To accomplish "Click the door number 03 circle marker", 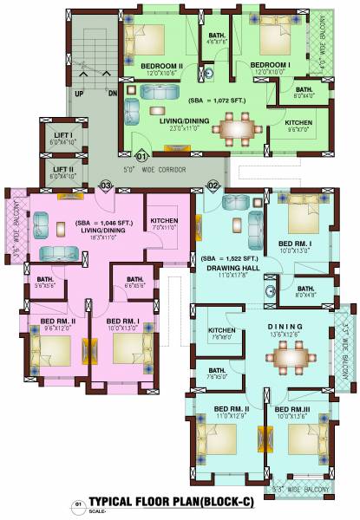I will coord(107,185).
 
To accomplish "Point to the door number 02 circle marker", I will coord(213,185).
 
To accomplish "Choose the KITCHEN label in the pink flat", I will coord(164,222).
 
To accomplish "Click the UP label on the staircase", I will coord(80,93).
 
